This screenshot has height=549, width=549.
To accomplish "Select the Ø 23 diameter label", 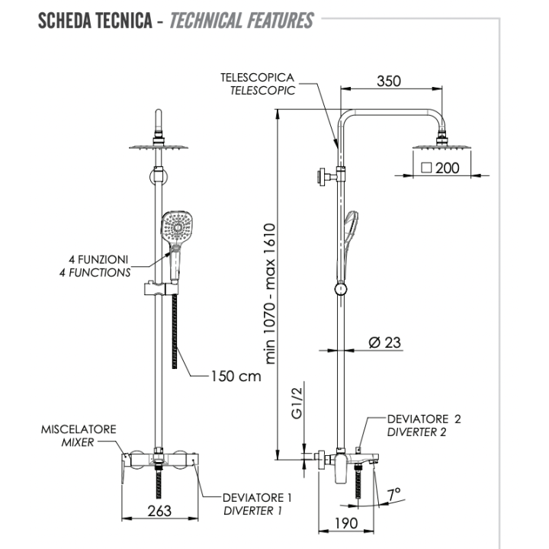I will click(x=384, y=342).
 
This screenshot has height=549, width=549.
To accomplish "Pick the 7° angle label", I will click(x=395, y=496).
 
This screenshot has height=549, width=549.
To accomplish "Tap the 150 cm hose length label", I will click(x=236, y=376).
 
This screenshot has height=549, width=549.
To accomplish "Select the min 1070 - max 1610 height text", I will click(x=269, y=294).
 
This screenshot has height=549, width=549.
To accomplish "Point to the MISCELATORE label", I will click(x=79, y=429).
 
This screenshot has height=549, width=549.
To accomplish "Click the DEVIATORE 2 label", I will click(x=424, y=419).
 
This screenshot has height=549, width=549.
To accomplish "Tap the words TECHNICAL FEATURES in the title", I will click(x=241, y=20).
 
